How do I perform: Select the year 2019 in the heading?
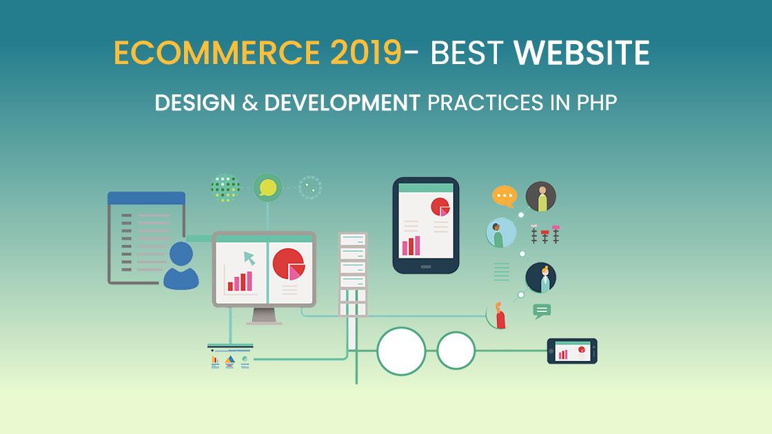pyautogui.click(x=365, y=54)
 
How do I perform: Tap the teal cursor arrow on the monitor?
pyautogui.click(x=247, y=258)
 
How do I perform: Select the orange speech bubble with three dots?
pyautogui.click(x=504, y=196)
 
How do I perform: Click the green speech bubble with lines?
pyautogui.click(x=542, y=311)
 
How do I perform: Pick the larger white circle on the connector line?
pyautogui.click(x=401, y=351)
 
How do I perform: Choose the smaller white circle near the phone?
pyautogui.click(x=456, y=351)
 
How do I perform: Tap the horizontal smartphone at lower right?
pyautogui.click(x=571, y=351)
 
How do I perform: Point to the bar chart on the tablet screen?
pyautogui.click(x=411, y=245)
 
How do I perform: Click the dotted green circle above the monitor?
pyautogui.click(x=225, y=187)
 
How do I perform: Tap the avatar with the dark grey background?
pyautogui.click(x=540, y=197)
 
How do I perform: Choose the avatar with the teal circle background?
pyautogui.click(x=500, y=233)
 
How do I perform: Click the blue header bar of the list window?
pyautogui.click(x=146, y=198)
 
